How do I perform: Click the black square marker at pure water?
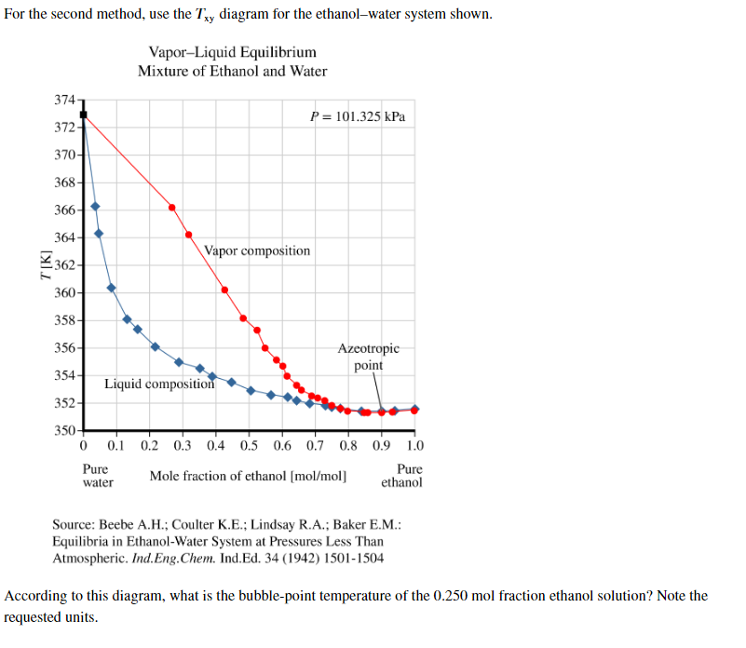[83, 115]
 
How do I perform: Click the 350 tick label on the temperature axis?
[65, 431]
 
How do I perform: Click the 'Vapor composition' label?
[257, 250]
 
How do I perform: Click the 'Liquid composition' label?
[158, 383]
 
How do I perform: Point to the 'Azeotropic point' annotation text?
[368, 357]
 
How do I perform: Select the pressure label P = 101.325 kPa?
[358, 117]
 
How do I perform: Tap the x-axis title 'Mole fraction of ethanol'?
[248, 477]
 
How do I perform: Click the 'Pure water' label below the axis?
[97, 476]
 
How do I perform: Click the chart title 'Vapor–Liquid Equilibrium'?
[232, 52]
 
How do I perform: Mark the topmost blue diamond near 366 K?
[95, 207]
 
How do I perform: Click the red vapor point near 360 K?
[224, 290]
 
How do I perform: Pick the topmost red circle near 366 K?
[171, 207]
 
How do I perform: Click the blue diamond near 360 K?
[111, 288]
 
